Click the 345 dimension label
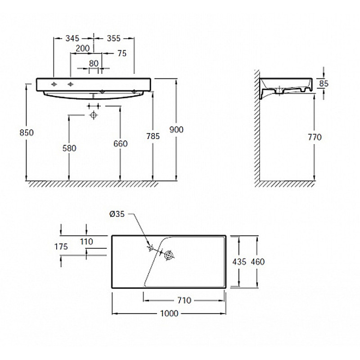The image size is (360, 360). click(72, 38)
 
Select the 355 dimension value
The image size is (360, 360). click(114, 38)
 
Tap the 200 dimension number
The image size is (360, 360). click(83, 49)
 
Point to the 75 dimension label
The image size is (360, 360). click(122, 54)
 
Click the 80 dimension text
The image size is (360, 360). click(94, 63)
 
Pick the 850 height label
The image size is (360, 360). click(27, 133)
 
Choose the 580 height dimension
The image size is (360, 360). click(69, 148)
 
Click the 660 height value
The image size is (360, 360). click(121, 144)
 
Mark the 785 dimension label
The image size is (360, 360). click(153, 136)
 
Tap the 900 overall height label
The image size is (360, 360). click(176, 130)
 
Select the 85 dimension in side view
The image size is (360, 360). click(324, 84)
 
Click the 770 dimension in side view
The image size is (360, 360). click(315, 137)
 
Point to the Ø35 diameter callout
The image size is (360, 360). click(117, 214)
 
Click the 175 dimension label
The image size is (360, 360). click(61, 247)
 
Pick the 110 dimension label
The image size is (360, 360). click(86, 242)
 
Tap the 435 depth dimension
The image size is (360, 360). click(239, 262)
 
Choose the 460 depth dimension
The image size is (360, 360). click(258, 262)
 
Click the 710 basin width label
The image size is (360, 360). click(184, 300)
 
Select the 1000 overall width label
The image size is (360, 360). click(169, 313)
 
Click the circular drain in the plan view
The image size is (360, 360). click(169, 255)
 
